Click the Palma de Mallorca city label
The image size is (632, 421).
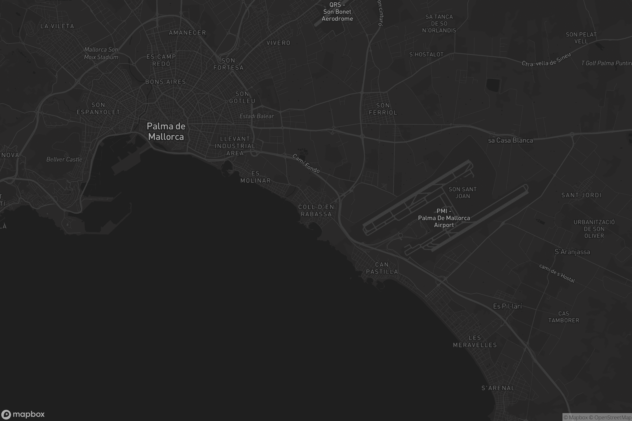pyautogui.click(x=166, y=131)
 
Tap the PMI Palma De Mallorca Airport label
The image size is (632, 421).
pyautogui.click(x=444, y=218)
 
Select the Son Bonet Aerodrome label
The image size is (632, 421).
pyautogui.click(x=337, y=12)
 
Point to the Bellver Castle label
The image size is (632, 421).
pyautogui.click(x=64, y=159)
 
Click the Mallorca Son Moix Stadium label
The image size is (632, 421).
pyautogui.click(x=101, y=53)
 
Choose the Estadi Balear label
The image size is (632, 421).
pyautogui.click(x=256, y=116)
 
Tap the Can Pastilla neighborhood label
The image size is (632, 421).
pyautogui.click(x=382, y=268)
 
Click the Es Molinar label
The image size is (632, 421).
pyautogui.click(x=255, y=177)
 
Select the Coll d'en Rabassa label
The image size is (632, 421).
pyautogui.click(x=316, y=210)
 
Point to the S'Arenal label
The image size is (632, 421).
pyautogui.click(x=498, y=388)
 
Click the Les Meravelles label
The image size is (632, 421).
pyautogui.click(x=475, y=341)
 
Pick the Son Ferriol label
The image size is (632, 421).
pyautogui.click(x=383, y=109)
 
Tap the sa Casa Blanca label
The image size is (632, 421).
pyautogui.click(x=510, y=141)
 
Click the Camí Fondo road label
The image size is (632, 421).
pyautogui.click(x=306, y=163)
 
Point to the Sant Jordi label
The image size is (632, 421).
pyautogui.click(x=581, y=195)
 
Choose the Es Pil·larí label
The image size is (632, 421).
pyautogui.click(x=507, y=306)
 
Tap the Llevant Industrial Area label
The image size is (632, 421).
pyautogui.click(x=235, y=146)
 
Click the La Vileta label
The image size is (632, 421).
pyautogui.click(x=57, y=26)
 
